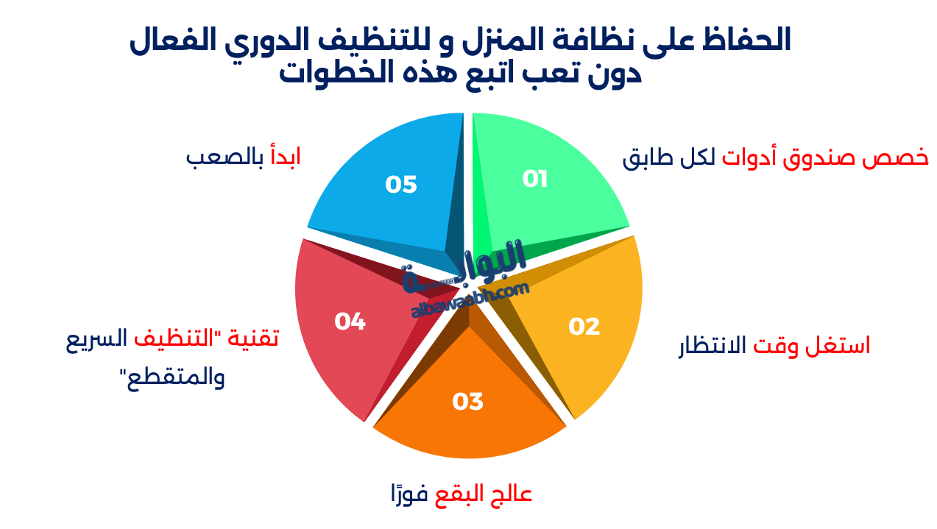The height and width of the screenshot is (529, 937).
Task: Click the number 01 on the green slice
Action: [535, 179]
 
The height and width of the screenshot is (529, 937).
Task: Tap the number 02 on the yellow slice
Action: [584, 327]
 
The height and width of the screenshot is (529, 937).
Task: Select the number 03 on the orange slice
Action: [467, 402]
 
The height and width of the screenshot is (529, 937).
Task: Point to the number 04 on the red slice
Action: [350, 322]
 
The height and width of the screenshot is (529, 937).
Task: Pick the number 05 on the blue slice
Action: [401, 185]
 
